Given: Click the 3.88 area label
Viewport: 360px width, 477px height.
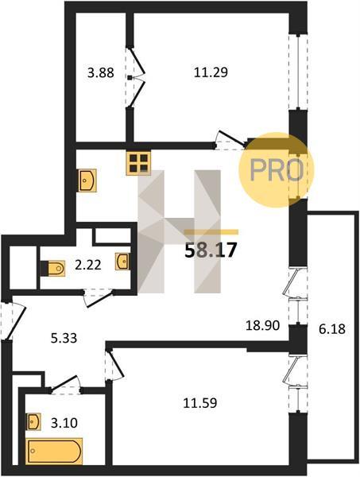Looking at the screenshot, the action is pos(101,73).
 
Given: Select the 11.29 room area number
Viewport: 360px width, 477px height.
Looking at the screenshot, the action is pos(211,72).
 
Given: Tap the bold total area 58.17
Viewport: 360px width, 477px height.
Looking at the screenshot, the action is pos(211,250).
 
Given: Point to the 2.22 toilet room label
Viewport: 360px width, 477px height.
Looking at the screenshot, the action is pos(88,266).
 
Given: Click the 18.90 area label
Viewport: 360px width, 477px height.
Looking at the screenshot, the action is pos(263,326).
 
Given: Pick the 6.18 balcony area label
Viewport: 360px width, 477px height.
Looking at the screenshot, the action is pos(332,329).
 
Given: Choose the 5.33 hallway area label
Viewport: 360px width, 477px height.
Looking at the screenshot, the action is pos(64,338).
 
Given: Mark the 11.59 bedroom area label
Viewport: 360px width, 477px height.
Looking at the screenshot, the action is pos(200,403).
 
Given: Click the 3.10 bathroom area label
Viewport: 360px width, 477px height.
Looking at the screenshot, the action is pos(64,423).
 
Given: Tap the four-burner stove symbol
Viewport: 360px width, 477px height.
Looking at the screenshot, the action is pos(138,163).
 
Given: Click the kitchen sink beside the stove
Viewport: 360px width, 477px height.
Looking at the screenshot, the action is pos(87,180).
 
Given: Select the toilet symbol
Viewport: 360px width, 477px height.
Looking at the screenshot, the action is pos(54,269).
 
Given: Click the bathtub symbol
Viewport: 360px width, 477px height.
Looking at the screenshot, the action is pos(55,451).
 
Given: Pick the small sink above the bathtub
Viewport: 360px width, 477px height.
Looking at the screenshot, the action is pos(33,421).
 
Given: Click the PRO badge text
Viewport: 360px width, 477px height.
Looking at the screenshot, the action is pos(277,170).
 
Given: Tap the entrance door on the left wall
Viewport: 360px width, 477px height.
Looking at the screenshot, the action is pos(13,320).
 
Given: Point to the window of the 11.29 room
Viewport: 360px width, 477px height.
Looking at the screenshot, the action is pos(298,72).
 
